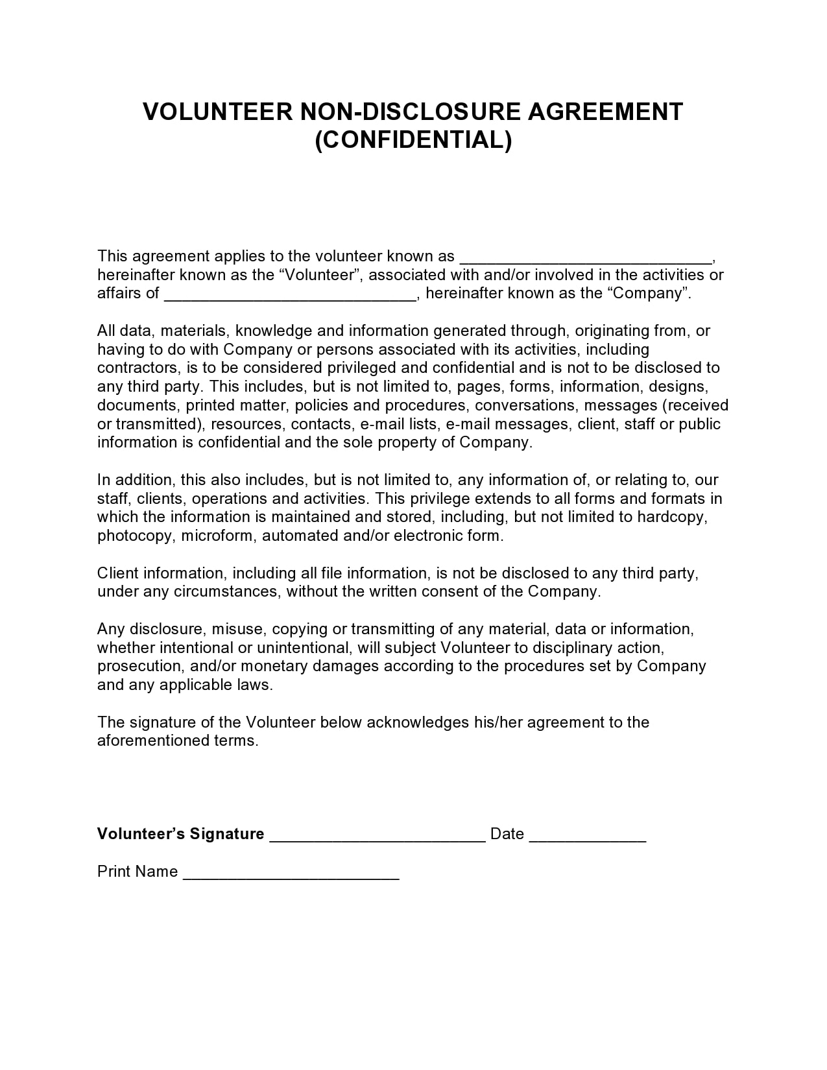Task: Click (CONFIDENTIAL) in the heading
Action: (x=413, y=139)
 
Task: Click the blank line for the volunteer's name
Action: (x=585, y=257)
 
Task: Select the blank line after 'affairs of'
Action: (x=290, y=294)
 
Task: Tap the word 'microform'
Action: (x=219, y=536)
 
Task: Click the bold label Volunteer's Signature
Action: (x=180, y=834)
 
